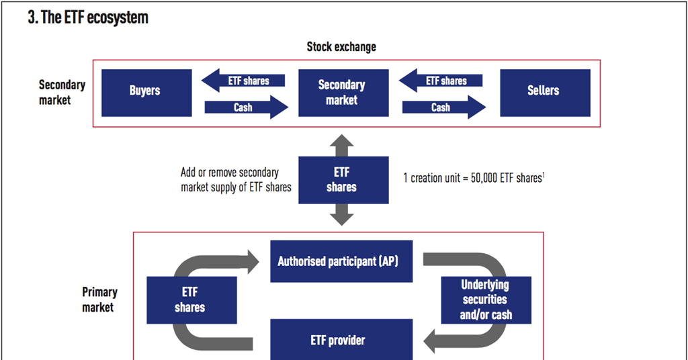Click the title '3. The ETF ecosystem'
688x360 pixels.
pyautogui.click(x=87, y=18)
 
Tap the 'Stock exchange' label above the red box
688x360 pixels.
pyautogui.click(x=341, y=47)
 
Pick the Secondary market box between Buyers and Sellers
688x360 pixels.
pyautogui.click(x=341, y=93)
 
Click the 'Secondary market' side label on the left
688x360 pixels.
pyautogui.click(x=62, y=93)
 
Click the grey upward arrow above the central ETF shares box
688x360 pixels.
pyautogui.click(x=341, y=144)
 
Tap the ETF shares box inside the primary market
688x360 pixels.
pyautogui.click(x=191, y=300)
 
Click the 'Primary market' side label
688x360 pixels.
pyautogui.click(x=99, y=300)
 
